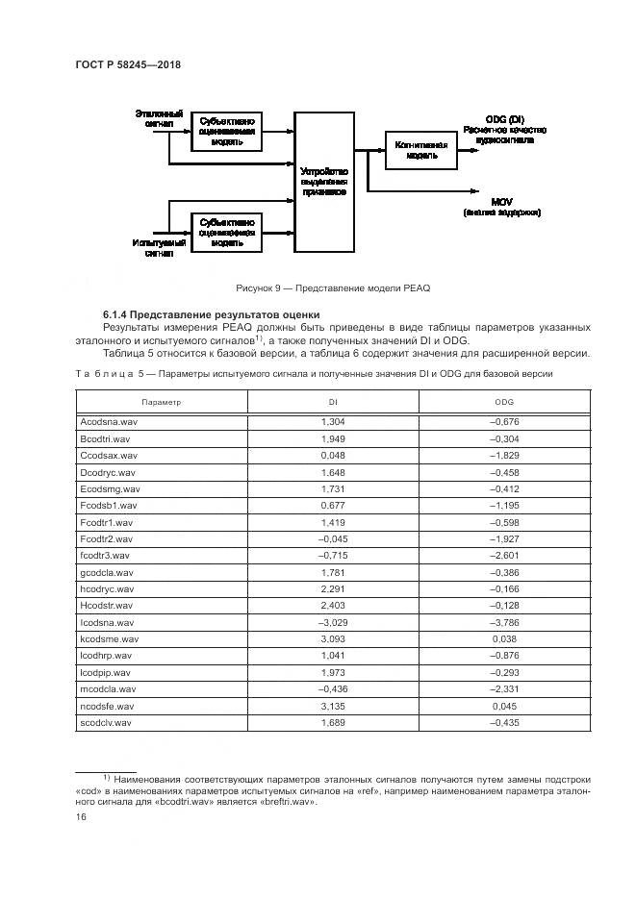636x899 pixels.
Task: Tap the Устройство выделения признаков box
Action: (323, 182)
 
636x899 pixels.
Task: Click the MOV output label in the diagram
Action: (500, 201)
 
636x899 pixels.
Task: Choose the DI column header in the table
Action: (332, 401)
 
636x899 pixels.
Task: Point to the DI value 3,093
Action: (332, 638)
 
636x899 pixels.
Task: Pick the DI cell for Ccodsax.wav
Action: (332, 455)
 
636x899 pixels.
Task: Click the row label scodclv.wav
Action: (106, 721)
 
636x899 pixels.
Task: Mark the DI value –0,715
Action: (332, 556)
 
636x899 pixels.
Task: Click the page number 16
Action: (82, 816)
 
